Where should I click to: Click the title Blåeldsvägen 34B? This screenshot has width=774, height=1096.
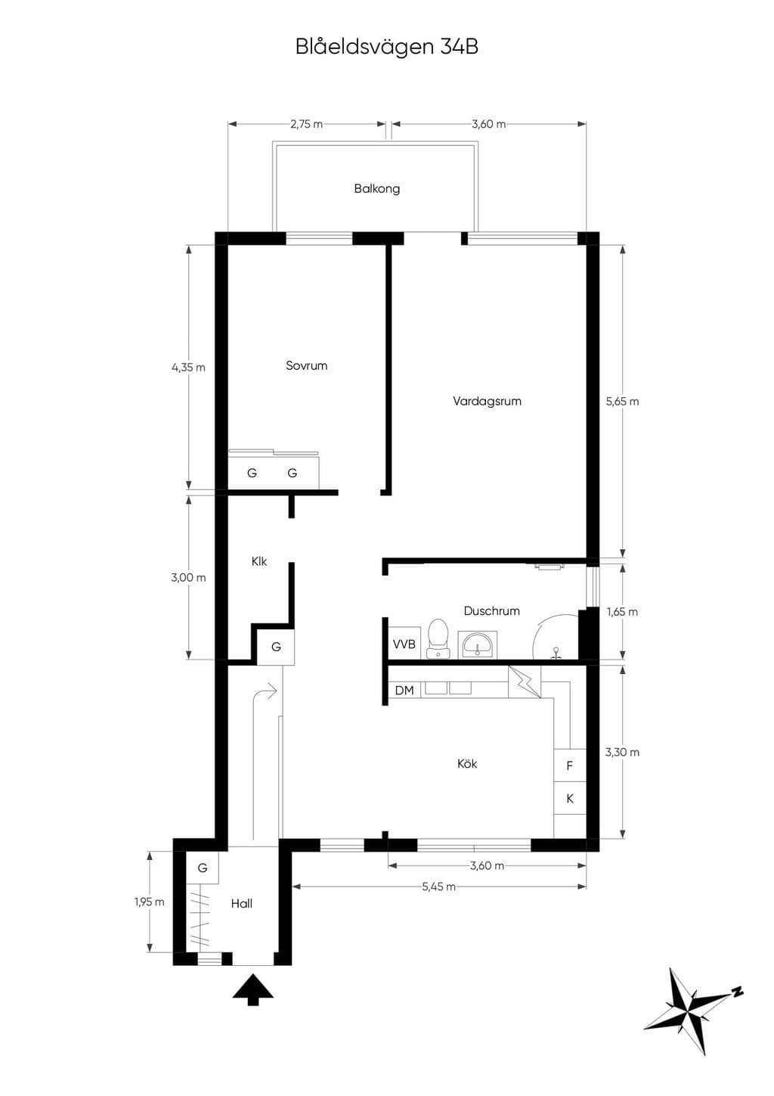(386, 48)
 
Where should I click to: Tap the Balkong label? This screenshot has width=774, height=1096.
(377, 188)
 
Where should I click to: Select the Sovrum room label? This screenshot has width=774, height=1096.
(307, 365)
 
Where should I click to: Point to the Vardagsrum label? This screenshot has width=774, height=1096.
(487, 401)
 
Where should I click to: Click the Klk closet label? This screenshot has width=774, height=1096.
(259, 561)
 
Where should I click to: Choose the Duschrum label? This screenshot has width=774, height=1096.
(491, 610)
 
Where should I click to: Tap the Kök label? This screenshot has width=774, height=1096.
(467, 763)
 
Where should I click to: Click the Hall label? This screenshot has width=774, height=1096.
(242, 903)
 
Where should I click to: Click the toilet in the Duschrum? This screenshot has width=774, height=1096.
(438, 638)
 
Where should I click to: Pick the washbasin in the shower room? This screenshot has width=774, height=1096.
(478, 644)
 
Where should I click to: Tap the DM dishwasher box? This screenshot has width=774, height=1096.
(404, 691)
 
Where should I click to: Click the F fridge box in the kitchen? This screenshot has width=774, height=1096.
(570, 765)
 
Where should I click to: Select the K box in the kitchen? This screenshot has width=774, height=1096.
(570, 799)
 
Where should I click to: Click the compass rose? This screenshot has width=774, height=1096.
(693, 1011)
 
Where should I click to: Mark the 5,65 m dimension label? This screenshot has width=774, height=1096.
(622, 401)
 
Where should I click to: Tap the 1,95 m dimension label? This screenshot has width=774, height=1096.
(150, 902)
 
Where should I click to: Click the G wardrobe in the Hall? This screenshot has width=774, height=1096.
(203, 868)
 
